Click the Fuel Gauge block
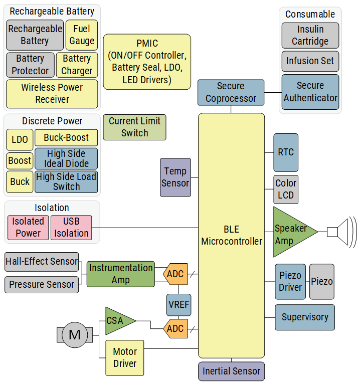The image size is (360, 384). [x=82, y=35]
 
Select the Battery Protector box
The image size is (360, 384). [x=30, y=65]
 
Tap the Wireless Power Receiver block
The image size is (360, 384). [x=52, y=93]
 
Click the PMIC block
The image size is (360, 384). [x=147, y=62]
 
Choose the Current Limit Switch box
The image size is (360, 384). [x=134, y=127]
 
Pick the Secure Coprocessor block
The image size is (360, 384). [x=231, y=92]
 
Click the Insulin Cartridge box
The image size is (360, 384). [x=310, y=36]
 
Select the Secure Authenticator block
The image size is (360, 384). [x=310, y=92]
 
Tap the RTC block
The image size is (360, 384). [x=286, y=152]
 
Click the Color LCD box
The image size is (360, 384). [x=286, y=189]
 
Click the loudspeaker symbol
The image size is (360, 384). [x=341, y=232]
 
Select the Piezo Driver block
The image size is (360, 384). [x=290, y=282]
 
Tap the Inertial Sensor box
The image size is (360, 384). [x=231, y=371]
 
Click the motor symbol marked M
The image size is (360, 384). [x=74, y=334]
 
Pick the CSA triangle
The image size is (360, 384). [x=116, y=321]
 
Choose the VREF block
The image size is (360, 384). [x=178, y=305]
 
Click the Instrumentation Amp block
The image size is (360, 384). [x=120, y=274]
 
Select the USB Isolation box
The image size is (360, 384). [x=71, y=227]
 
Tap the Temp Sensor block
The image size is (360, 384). [x=175, y=177]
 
